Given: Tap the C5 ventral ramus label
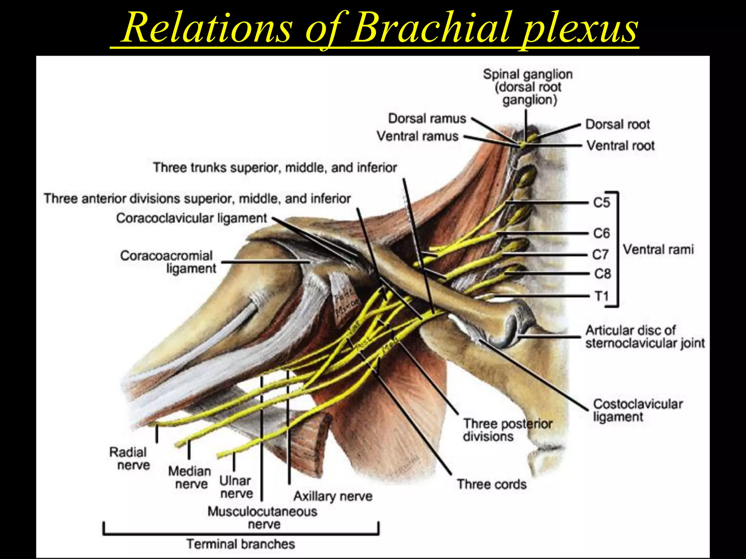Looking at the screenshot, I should (x=601, y=202).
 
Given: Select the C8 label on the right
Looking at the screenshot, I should (x=602, y=273).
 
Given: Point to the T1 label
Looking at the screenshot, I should (x=602, y=296).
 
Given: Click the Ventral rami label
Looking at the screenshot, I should (x=658, y=250).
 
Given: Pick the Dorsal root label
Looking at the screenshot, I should (x=617, y=124).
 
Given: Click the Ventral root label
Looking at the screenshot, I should (x=621, y=146).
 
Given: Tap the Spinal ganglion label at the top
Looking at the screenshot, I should (x=528, y=87).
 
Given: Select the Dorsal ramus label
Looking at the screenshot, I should (x=427, y=119).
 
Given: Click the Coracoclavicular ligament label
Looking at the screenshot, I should (x=192, y=218).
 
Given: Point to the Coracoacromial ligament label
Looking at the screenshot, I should (x=168, y=262).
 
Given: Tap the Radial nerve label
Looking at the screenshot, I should (x=129, y=459).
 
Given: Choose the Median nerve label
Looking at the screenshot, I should (x=190, y=477).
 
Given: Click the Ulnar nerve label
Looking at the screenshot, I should (x=236, y=487).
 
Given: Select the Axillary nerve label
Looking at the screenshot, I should (x=333, y=496).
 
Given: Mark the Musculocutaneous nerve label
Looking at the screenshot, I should (x=262, y=518).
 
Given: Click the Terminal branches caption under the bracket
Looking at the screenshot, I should (x=240, y=544).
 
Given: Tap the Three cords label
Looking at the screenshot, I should (x=492, y=484).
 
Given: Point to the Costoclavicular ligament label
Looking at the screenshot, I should (x=637, y=410).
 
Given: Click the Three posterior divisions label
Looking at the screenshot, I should (x=507, y=430).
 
